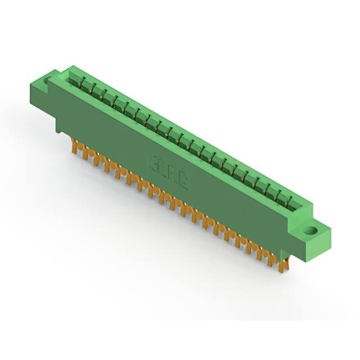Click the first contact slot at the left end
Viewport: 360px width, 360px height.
75,80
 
